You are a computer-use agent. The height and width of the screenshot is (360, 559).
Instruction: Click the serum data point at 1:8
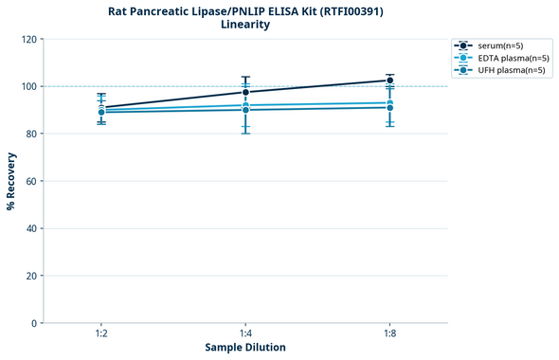(390, 81)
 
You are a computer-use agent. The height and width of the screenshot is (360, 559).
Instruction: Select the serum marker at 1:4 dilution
(245, 92)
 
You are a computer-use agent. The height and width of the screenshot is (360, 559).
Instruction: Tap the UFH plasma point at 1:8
(390, 107)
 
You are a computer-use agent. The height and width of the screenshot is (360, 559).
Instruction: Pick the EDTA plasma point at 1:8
(390, 102)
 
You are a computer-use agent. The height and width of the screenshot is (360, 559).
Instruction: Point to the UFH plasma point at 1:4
(245, 110)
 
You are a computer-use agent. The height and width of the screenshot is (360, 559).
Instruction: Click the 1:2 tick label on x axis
(101, 334)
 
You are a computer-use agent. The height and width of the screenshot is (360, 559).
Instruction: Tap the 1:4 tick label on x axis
(245, 334)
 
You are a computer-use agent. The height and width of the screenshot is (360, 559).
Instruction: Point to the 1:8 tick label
(390, 334)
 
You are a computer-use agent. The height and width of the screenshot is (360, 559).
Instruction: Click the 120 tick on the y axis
(28, 39)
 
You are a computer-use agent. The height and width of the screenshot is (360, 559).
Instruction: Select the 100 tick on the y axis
(28, 86)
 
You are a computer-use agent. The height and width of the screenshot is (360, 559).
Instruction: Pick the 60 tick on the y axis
(31, 181)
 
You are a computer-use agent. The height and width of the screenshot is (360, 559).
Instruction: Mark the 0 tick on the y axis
(34, 323)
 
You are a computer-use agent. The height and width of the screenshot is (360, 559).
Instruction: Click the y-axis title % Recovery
(11, 181)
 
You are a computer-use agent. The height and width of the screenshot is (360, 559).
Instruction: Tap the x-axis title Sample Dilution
(245, 348)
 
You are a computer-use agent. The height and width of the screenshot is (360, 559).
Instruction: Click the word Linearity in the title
(245, 25)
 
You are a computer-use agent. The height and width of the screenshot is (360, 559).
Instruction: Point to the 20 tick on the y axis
(31, 276)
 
